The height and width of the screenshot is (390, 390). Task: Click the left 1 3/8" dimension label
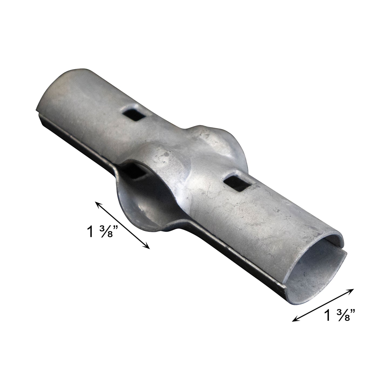pos(102,232)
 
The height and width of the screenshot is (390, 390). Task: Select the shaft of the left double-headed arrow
pos(123,225)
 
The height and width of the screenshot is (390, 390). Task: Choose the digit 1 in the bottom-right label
pos(328,315)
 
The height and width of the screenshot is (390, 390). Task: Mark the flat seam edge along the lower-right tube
pos(243,256)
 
